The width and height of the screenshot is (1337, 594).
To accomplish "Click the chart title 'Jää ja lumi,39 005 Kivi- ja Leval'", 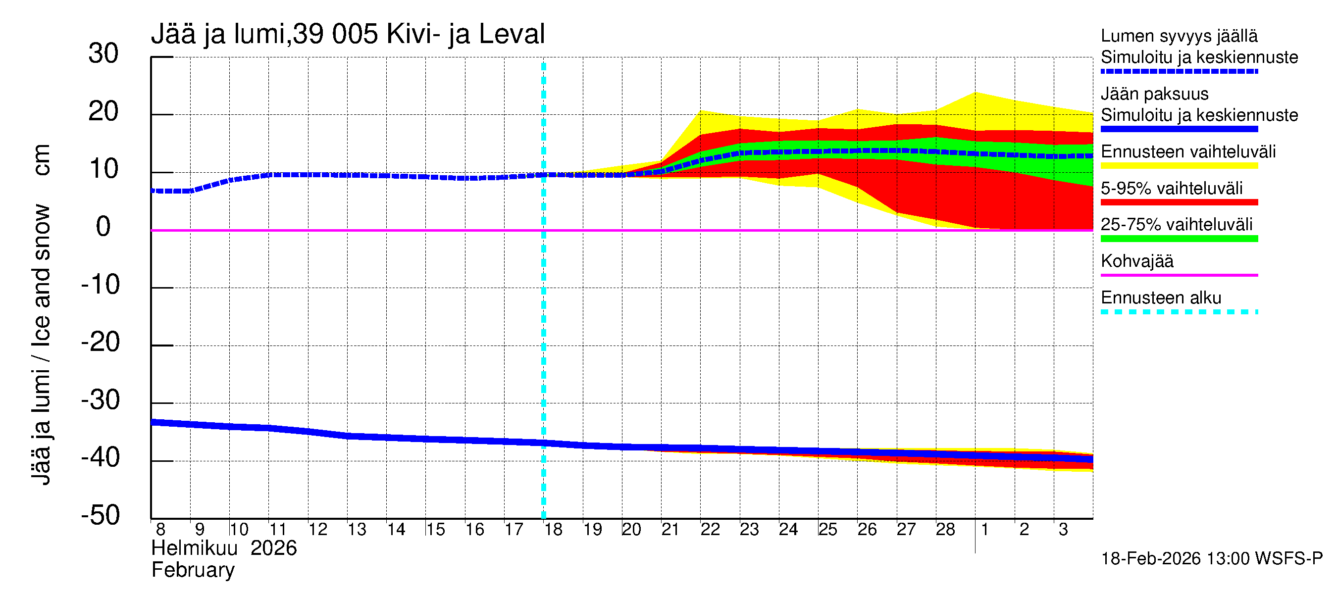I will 348,34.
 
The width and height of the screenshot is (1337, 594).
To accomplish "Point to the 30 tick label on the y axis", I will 103,53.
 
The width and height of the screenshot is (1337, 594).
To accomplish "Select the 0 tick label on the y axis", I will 103,227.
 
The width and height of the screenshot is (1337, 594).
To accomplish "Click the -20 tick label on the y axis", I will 100,343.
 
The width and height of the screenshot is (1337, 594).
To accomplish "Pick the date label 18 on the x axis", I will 553,530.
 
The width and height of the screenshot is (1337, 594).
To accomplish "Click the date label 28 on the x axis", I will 945,530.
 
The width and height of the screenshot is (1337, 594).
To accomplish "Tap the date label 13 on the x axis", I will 357,530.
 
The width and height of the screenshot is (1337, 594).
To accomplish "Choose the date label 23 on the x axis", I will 749,530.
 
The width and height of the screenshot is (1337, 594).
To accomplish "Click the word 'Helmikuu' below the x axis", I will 195,548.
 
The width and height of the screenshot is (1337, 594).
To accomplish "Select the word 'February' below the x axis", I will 193,570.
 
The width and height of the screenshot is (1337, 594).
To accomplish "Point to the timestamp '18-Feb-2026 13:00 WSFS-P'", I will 1211,559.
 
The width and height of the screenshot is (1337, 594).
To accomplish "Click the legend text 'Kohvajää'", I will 1137,261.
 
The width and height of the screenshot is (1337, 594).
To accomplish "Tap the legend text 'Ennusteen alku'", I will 1161,298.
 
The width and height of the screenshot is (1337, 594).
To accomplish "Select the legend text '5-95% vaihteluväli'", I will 1172,188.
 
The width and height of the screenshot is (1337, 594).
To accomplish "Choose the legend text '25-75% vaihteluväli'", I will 1176,225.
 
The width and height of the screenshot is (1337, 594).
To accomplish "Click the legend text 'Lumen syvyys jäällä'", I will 1179,36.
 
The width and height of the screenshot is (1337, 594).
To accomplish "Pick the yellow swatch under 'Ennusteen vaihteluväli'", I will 1179,166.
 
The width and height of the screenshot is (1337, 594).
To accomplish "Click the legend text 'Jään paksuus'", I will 1155,94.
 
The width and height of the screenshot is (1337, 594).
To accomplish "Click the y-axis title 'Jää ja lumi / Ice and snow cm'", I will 42,314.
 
